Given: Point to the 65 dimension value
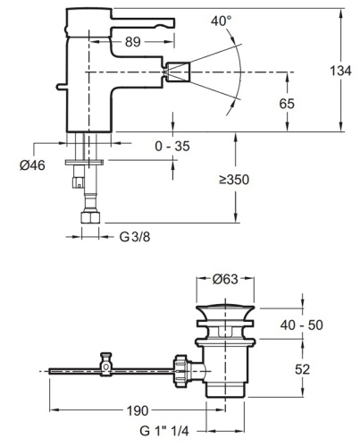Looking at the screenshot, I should [x=287, y=104].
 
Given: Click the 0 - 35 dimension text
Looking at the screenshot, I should [x=171, y=146].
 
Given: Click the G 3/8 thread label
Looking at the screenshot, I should [x=136, y=236].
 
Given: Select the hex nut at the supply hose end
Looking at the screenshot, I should [x=90, y=217].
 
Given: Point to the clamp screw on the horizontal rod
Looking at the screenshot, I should [x=106, y=361].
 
